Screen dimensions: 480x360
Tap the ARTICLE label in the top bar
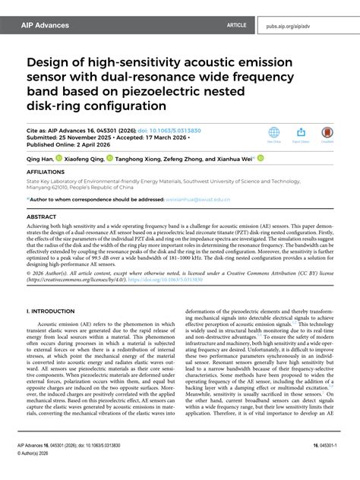[x=236, y=25]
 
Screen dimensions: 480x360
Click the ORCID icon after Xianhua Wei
[x=260, y=159]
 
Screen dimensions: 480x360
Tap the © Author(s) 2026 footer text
[x=47, y=469]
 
